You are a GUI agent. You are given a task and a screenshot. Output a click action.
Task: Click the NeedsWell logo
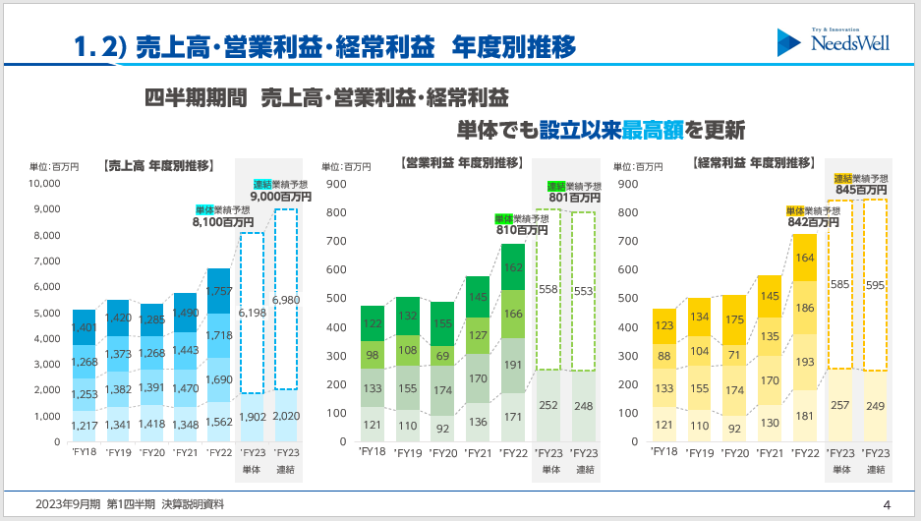(834, 41)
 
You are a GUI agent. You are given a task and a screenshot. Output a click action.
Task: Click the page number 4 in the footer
(887, 504)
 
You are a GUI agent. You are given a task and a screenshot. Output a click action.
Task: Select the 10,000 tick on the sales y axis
(45, 184)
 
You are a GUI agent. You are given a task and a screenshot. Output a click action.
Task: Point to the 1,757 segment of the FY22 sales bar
(219, 291)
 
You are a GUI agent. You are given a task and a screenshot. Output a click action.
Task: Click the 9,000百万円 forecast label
(281, 197)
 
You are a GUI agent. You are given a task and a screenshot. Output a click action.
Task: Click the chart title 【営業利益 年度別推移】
(462, 162)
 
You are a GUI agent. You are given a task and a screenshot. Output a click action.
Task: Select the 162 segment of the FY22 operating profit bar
(512, 266)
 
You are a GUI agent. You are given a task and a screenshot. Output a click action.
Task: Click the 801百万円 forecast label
(575, 198)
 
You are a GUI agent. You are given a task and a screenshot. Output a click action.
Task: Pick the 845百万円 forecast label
(861, 190)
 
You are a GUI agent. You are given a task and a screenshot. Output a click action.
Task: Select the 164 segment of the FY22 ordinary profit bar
(805, 258)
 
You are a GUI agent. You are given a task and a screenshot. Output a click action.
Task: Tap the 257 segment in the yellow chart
(840, 405)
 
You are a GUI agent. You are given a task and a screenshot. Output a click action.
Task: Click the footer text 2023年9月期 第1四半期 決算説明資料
(130, 504)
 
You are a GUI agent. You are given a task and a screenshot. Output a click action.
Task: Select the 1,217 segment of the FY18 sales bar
(85, 426)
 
